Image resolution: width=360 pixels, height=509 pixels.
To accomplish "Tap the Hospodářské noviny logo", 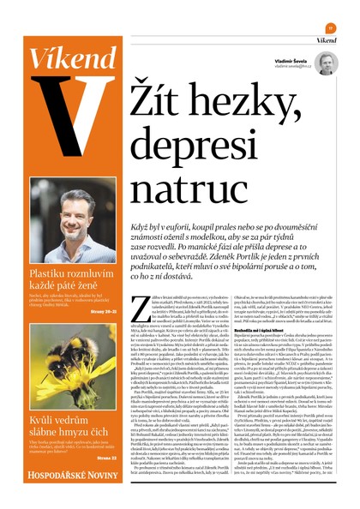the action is [x=59, y=476].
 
